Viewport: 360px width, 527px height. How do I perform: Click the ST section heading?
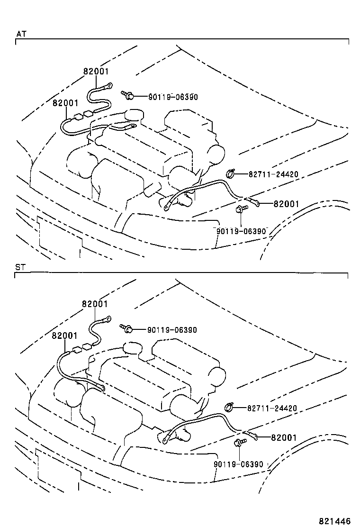(x=20, y=267)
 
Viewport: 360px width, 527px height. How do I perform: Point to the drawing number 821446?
(x=334, y=520)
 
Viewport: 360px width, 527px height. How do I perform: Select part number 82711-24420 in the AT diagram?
(x=273, y=174)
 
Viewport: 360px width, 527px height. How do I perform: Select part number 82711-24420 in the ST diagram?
(x=271, y=408)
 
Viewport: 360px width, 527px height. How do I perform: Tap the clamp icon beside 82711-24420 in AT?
(x=231, y=174)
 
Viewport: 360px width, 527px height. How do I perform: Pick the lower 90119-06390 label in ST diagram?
(x=238, y=464)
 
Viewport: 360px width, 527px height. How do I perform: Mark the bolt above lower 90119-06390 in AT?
(x=240, y=209)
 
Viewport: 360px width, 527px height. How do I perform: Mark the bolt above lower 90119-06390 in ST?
(x=238, y=443)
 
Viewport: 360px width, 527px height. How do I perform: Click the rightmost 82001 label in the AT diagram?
(x=286, y=204)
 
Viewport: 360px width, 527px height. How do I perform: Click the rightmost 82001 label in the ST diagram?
(x=283, y=437)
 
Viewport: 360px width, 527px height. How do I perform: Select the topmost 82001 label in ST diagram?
(x=95, y=304)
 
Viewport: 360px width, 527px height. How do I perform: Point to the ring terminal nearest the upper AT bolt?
(x=108, y=86)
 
